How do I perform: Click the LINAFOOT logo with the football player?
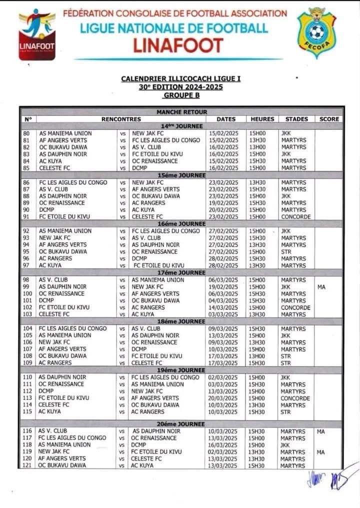point(37,33)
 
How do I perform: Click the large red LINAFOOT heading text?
point(177,45)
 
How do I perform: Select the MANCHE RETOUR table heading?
point(181,112)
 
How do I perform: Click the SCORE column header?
point(328,119)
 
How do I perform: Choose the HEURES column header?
point(262,119)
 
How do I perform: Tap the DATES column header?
point(226,119)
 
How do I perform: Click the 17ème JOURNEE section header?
point(181,272)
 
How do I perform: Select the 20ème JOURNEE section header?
point(181,424)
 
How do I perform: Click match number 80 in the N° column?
point(27,133)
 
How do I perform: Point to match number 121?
point(28,465)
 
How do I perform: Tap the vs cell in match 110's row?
point(122,377)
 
